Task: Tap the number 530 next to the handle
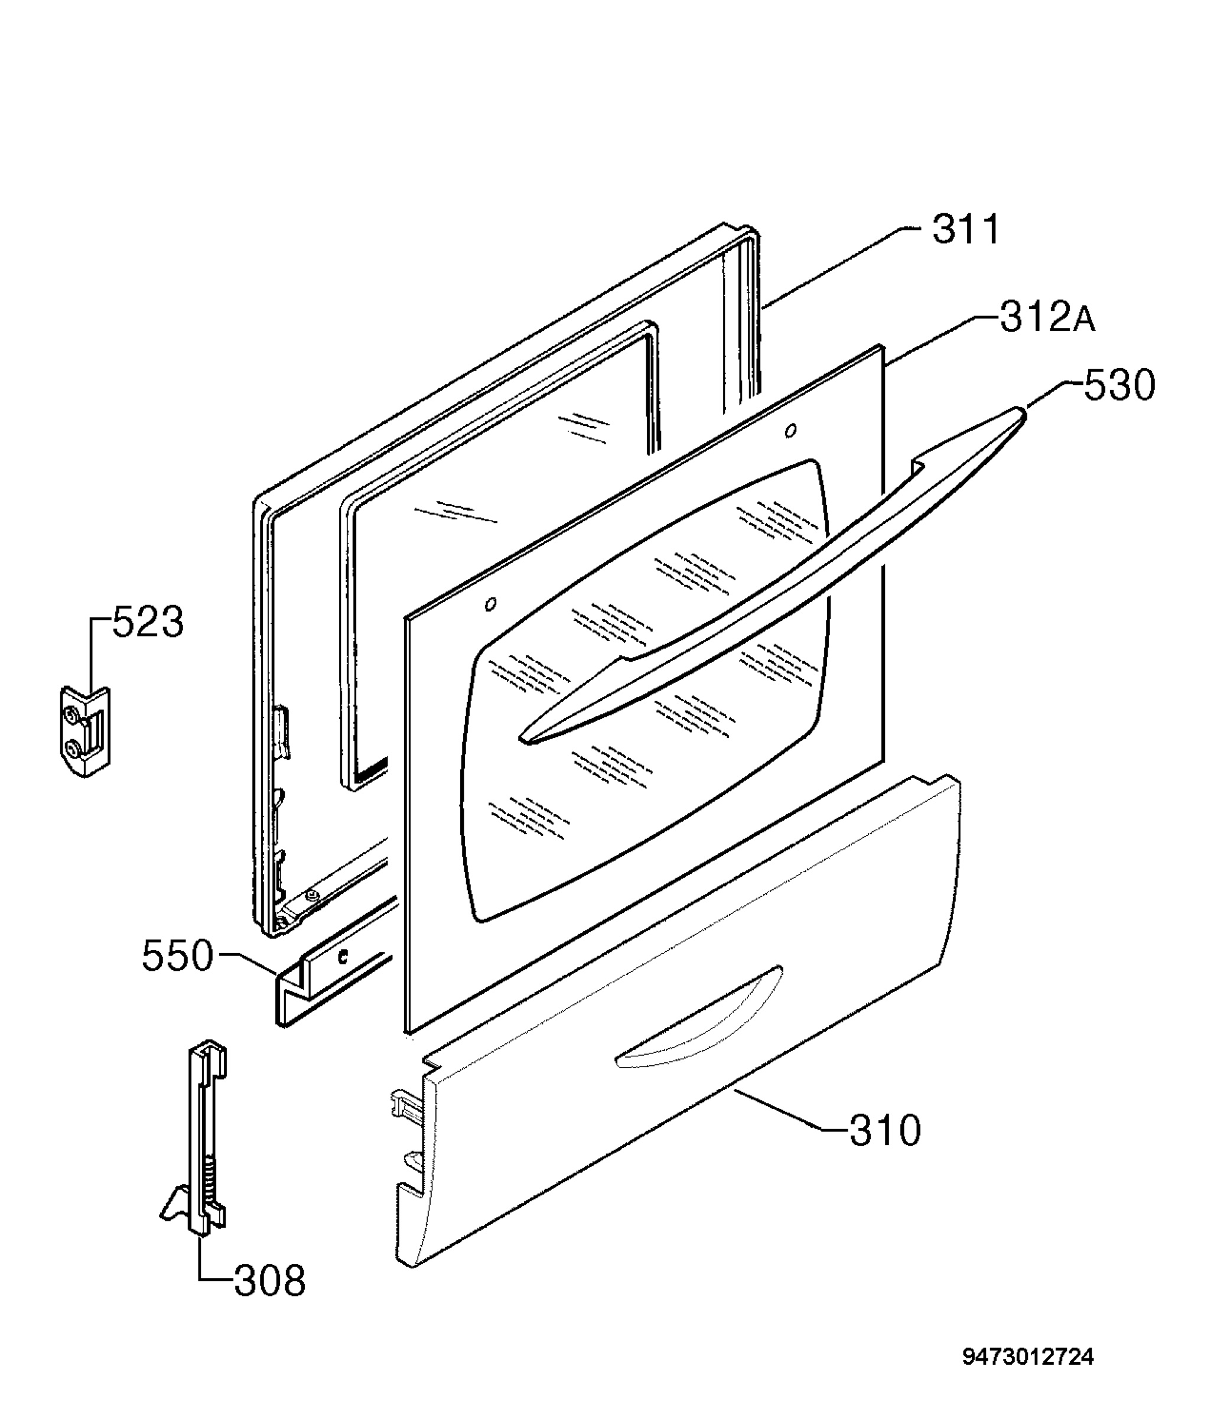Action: pos(1119,385)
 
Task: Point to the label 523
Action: pos(148,622)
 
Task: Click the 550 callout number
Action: pos(177,956)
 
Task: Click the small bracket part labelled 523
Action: pos(85,731)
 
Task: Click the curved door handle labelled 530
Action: pos(774,575)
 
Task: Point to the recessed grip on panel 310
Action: pos(698,1018)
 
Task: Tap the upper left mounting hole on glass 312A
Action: pos(490,604)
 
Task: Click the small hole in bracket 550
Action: pos(343,957)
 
